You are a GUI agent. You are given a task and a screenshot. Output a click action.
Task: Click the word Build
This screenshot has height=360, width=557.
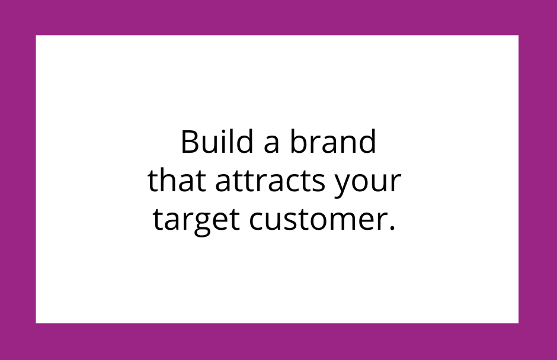[x=217, y=142]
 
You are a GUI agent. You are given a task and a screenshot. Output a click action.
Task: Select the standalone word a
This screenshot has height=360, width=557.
[x=271, y=144]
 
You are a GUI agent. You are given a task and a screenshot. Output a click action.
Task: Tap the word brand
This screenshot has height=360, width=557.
[x=333, y=142]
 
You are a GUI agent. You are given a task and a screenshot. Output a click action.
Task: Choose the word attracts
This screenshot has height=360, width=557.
[x=270, y=181]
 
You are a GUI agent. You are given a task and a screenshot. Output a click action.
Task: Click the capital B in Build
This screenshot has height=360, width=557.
[x=189, y=142]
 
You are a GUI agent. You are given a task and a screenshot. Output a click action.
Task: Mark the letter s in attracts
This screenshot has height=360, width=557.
[x=319, y=183]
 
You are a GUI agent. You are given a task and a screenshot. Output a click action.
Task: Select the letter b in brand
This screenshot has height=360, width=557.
[x=299, y=142]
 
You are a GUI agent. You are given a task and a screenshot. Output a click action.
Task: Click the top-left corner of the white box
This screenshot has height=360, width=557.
[x=36, y=35]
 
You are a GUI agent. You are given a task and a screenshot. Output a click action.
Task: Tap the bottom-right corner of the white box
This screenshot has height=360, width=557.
[x=518, y=323]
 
